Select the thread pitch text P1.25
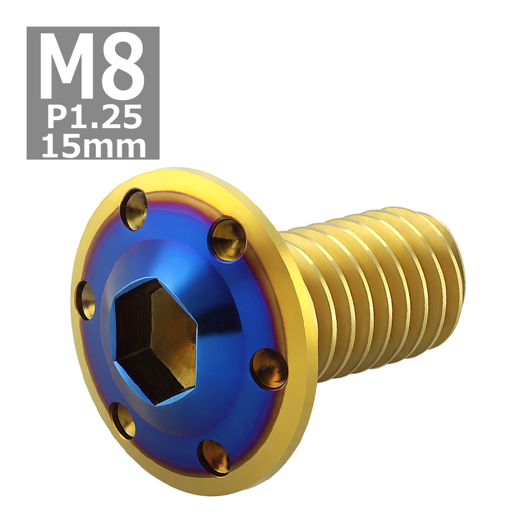tap(94, 117)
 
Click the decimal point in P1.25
tap(94, 125)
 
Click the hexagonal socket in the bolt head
tap(155, 341)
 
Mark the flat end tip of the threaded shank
tap(457, 284)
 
